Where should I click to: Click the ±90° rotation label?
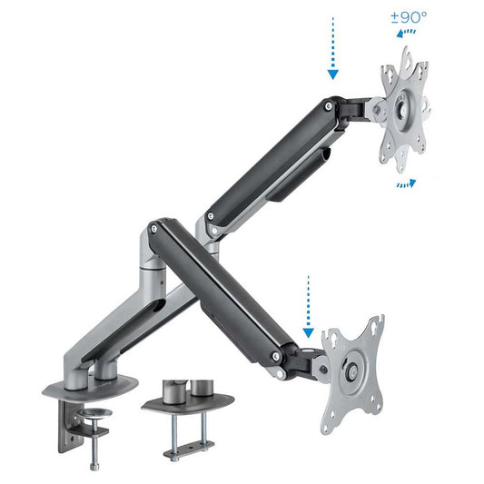[409, 17]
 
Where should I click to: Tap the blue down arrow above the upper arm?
[332, 48]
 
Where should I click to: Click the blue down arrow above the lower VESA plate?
[308, 307]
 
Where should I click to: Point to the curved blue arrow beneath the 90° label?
[406, 33]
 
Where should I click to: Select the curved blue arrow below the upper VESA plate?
[406, 184]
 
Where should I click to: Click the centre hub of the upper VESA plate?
[403, 108]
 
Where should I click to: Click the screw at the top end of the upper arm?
[329, 106]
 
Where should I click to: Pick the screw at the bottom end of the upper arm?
[211, 216]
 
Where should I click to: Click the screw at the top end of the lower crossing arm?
[153, 229]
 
